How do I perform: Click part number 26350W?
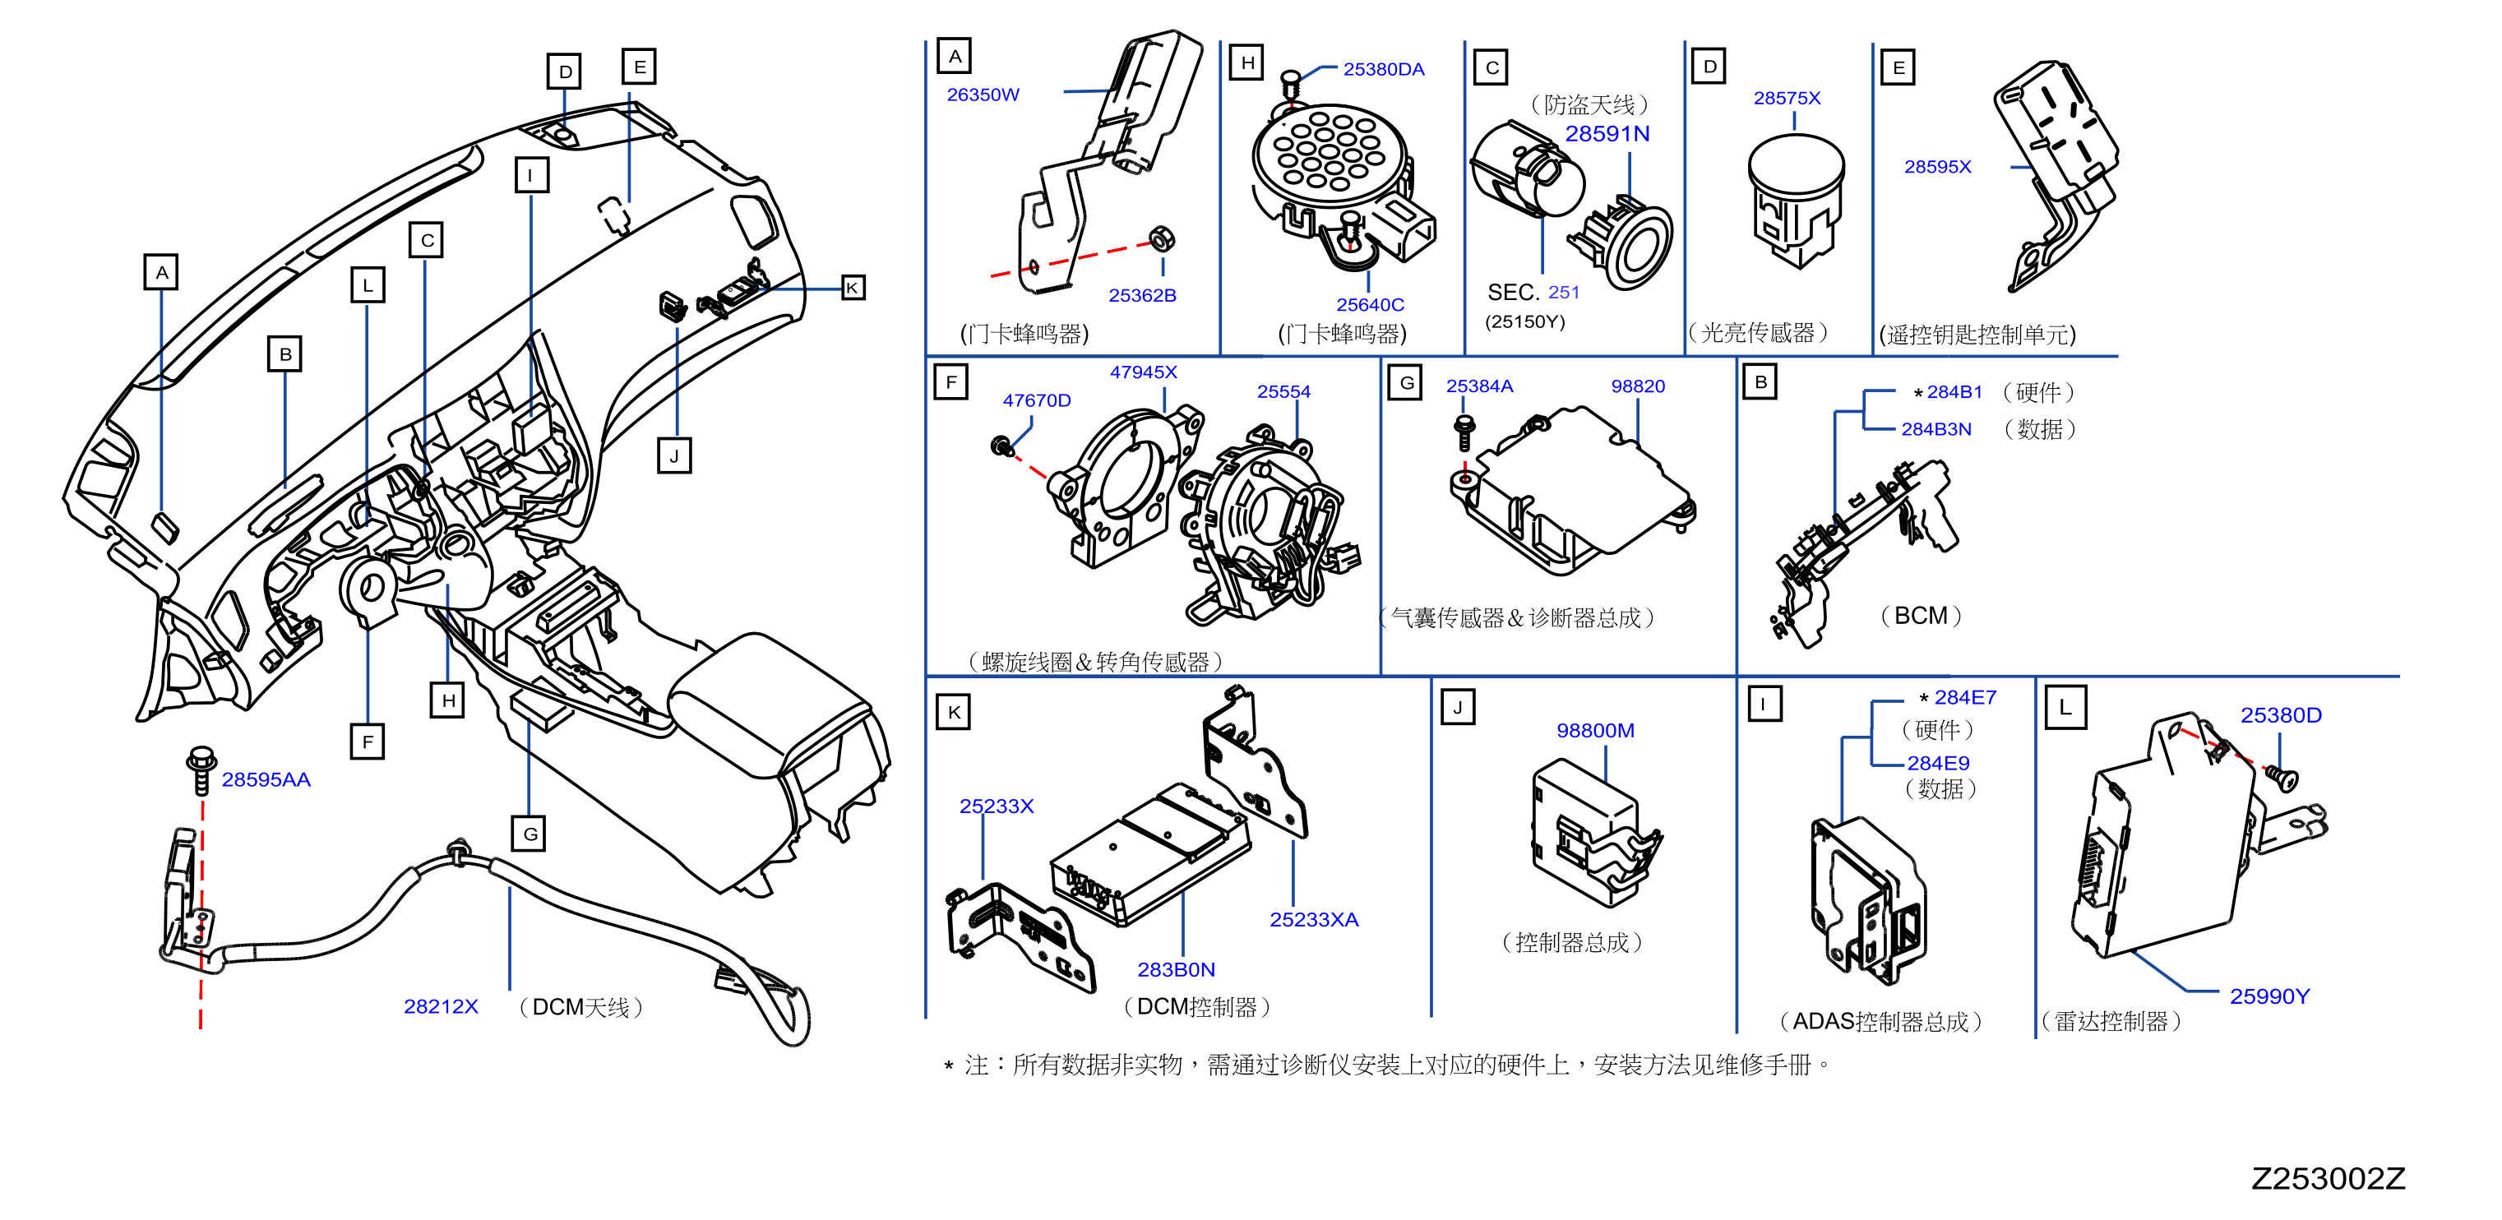pyautogui.click(x=983, y=95)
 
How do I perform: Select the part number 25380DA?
pyautogui.click(x=1383, y=69)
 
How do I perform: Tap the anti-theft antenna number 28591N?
pyautogui.click(x=1607, y=134)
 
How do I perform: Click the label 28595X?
pyautogui.click(x=1938, y=166)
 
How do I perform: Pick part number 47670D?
pyautogui.click(x=1036, y=400)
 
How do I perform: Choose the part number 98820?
pyautogui.click(x=1638, y=386)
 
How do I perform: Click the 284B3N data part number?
pyautogui.click(x=1935, y=428)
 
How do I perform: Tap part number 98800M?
pyautogui.click(x=1595, y=731)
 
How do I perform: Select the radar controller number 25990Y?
pyautogui.click(x=2268, y=996)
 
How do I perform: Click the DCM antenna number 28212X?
pyautogui.click(x=441, y=1006)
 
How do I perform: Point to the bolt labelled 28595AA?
pyautogui.click(x=201, y=770)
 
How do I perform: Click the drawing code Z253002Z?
pyautogui.click(x=2329, y=1178)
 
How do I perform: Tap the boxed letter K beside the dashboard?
pyautogui.click(x=852, y=288)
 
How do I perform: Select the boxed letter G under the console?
pyautogui.click(x=530, y=834)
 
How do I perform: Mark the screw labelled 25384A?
pyautogui.click(x=1464, y=432)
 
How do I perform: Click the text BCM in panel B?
pyautogui.click(x=1920, y=616)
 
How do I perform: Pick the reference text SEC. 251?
pyautogui.click(x=1533, y=293)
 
